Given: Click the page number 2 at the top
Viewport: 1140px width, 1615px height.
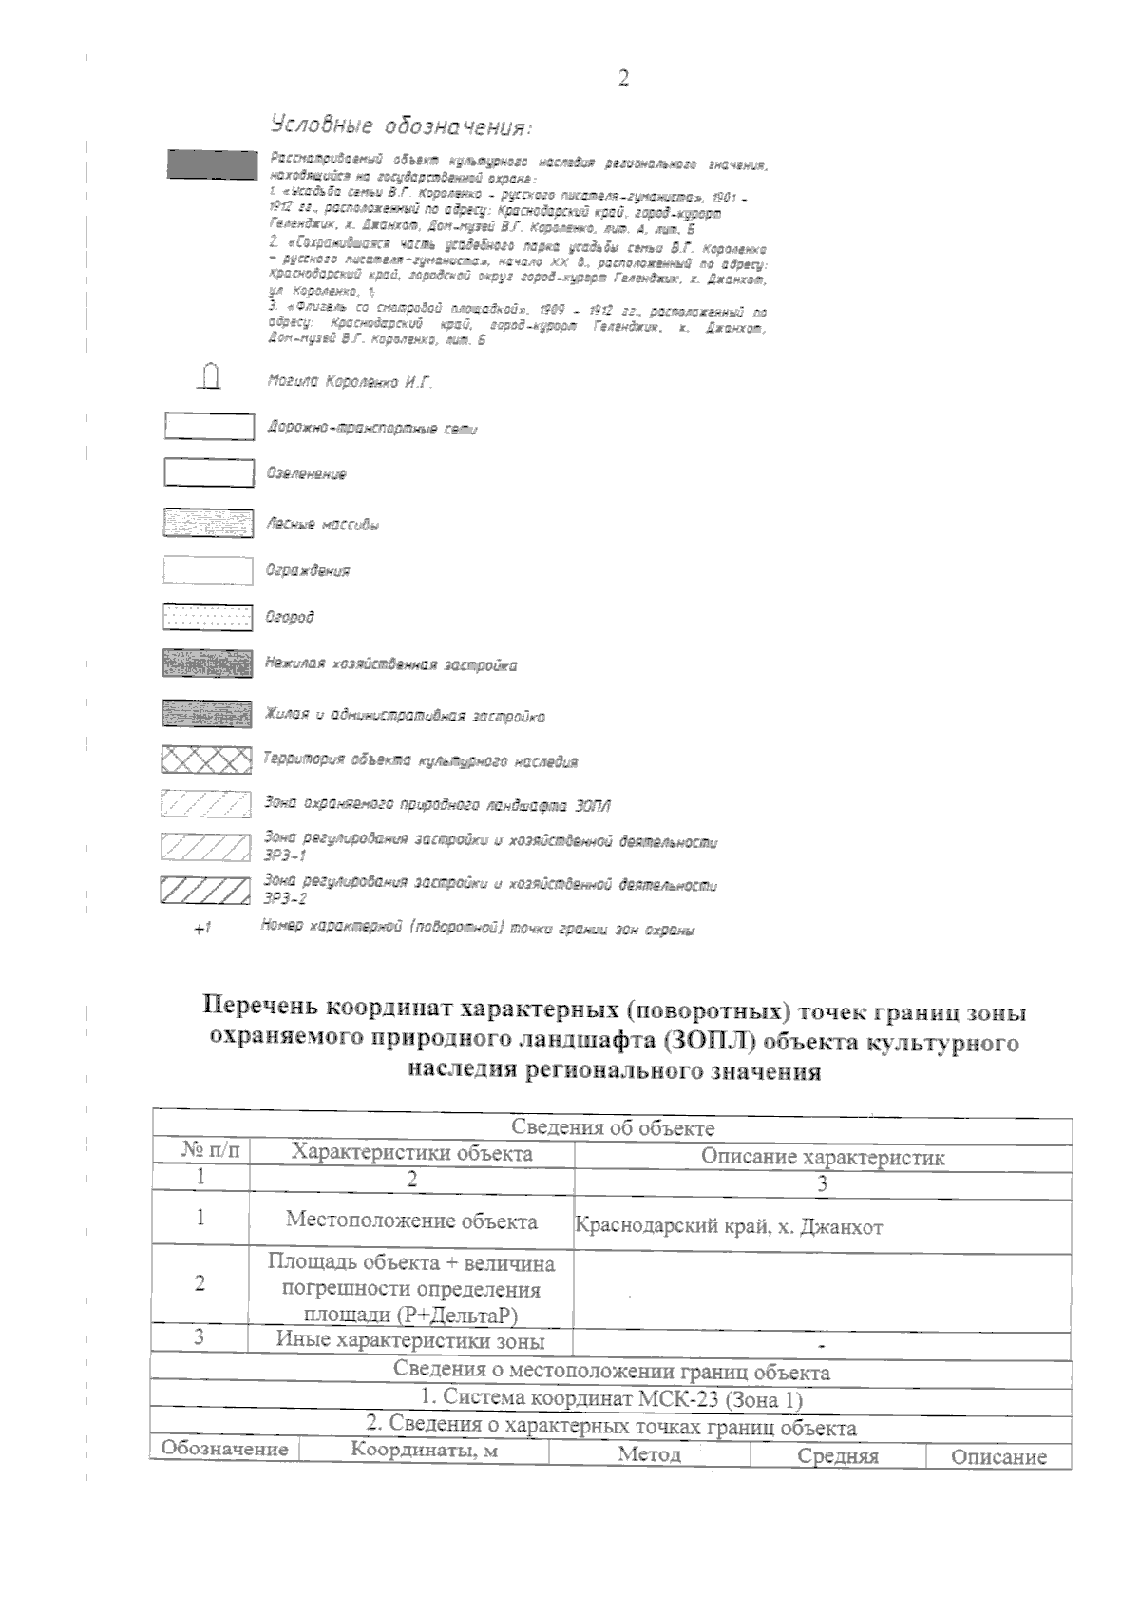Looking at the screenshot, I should coord(623,78).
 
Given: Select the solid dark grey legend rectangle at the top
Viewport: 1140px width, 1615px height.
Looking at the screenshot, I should coord(212,163).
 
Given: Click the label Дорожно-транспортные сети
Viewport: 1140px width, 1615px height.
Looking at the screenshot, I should coord(372,430).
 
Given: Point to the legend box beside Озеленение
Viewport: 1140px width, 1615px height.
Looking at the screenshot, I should coord(209,472).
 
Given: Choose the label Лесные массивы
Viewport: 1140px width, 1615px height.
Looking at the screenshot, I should coord(322,525).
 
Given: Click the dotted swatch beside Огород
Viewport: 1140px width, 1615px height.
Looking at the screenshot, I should coord(208,618).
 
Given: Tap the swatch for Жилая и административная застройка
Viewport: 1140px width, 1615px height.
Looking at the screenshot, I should coord(208,713).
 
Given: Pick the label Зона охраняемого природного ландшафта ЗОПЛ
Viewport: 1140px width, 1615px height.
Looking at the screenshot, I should coord(437,805).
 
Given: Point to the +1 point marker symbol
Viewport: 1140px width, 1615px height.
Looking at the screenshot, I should coord(200,930).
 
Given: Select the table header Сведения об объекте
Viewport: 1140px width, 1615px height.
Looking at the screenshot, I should coord(613,1128).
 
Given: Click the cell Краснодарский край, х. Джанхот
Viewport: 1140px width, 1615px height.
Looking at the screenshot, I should coord(730,1226).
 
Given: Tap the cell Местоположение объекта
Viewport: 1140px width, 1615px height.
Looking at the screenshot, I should coord(411,1221).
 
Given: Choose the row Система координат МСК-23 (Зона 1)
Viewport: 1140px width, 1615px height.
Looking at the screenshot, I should coord(612,1400).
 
